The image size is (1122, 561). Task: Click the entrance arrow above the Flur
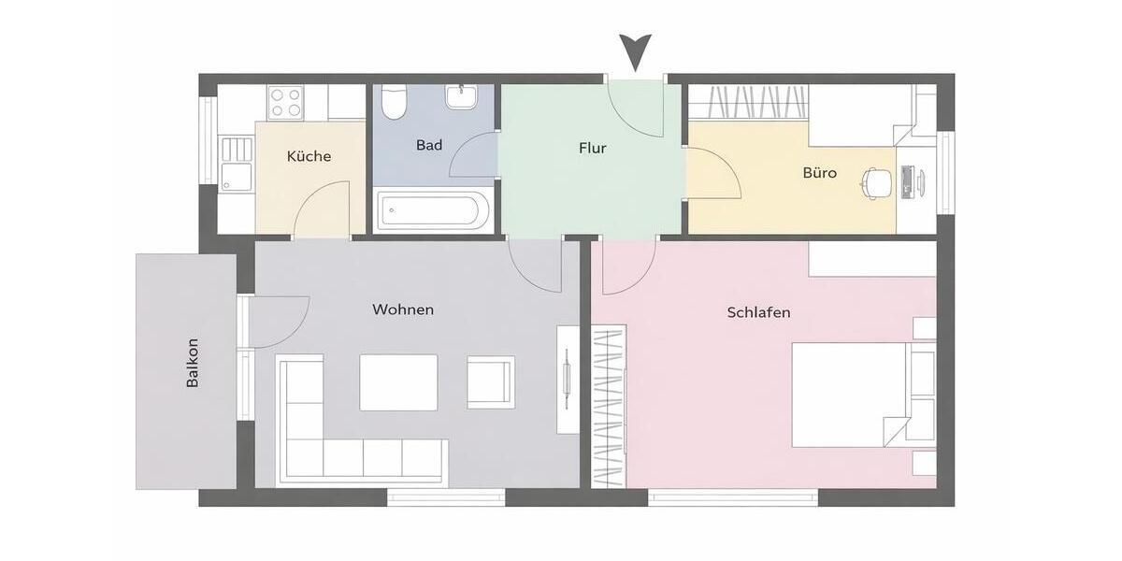click(x=636, y=52)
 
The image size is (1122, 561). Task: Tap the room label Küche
click(x=309, y=156)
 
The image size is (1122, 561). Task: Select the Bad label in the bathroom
click(x=429, y=146)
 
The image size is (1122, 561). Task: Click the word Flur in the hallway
click(x=593, y=148)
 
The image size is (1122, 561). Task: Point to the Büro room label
click(x=819, y=173)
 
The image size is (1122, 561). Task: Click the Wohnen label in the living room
click(x=403, y=309)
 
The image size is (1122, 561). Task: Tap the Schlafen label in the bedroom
click(x=758, y=312)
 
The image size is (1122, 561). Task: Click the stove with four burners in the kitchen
click(x=285, y=102)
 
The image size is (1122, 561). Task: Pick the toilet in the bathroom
click(x=395, y=102)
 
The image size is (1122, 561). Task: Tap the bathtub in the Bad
click(x=433, y=211)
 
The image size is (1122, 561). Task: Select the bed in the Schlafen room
click(x=851, y=393)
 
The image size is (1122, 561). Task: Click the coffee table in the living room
click(x=398, y=381)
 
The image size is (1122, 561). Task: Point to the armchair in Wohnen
click(x=490, y=381)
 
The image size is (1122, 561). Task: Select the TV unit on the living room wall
click(x=568, y=378)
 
